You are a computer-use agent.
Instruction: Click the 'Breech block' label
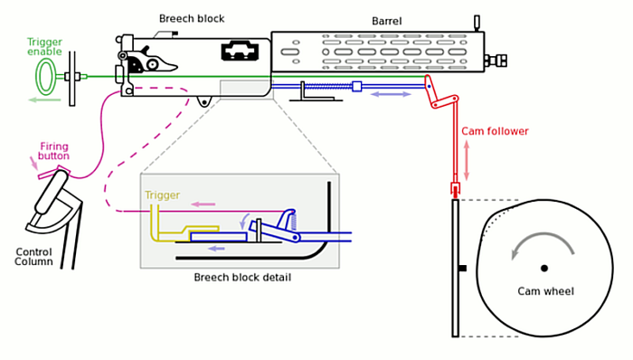[192, 19]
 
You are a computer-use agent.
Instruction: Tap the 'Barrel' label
[387, 21]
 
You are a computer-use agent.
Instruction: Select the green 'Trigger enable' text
[44, 46]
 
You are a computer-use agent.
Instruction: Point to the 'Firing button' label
[53, 151]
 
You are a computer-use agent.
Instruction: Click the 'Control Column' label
[34, 257]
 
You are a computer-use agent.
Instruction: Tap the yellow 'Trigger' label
[162, 195]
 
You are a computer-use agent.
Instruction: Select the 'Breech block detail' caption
[242, 278]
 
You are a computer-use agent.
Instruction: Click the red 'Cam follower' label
[495, 131]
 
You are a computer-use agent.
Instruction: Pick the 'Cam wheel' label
[545, 291]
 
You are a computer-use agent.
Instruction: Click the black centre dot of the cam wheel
[544, 268]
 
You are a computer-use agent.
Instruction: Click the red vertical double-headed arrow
[467, 160]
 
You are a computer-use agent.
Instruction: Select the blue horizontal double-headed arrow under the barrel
[391, 94]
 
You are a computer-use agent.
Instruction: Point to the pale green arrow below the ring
[44, 99]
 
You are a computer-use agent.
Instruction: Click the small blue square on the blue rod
[357, 86]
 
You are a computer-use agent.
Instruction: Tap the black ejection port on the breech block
[240, 51]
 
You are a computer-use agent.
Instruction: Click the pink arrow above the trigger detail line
[203, 204]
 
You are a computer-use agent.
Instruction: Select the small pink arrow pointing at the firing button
[34, 163]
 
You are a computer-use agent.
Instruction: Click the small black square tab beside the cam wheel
[463, 268]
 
